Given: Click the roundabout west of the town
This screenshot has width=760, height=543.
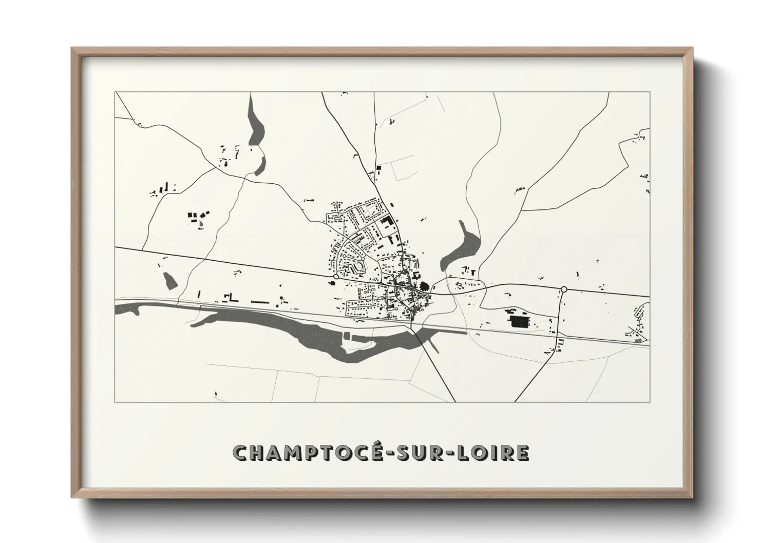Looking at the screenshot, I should (335, 277).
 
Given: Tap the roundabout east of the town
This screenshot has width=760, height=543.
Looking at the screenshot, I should (564, 289).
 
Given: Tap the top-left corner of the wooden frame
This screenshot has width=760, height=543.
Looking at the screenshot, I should (73, 49).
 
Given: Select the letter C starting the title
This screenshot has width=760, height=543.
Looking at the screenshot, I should (241, 453).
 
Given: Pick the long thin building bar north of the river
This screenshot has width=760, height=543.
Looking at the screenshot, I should (260, 302).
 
